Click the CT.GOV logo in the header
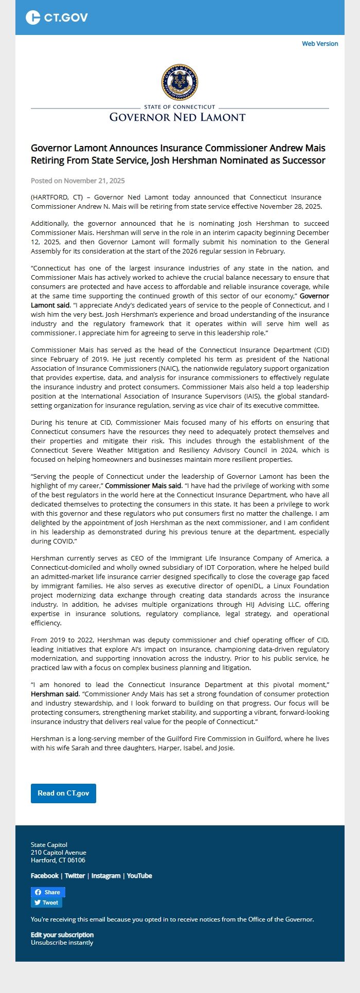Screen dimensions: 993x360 pos(57,17)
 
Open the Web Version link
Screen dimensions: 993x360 pos(320,44)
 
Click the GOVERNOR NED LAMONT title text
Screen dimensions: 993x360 pos(177,117)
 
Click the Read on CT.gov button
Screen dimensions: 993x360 pos(63,793)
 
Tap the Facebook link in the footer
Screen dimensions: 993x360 pos(45,876)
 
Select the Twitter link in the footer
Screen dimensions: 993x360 pos(75,876)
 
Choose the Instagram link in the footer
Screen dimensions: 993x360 pos(106,876)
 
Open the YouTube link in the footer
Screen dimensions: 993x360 pos(139,876)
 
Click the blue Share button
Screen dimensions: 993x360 pos(48,892)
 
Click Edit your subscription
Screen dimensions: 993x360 pos(62,935)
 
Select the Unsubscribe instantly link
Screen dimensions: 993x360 pos(62,943)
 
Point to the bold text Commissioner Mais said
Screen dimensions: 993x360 pos(143,485)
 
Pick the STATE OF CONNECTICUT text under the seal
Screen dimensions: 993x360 pos(180,107)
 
